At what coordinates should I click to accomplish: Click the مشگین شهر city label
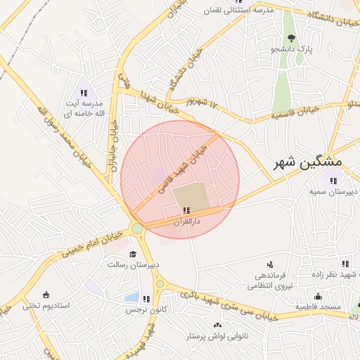click(307, 162)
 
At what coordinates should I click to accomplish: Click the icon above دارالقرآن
click(186, 210)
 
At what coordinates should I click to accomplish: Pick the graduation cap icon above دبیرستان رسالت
click(133, 255)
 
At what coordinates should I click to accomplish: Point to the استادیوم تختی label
click(46, 305)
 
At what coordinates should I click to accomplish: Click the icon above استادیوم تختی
click(46, 295)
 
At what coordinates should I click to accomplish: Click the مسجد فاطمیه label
click(319, 307)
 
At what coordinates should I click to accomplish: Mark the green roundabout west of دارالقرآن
click(137, 229)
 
